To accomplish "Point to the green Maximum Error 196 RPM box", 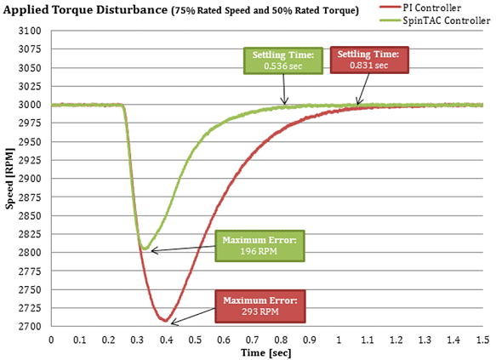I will tap(259, 246).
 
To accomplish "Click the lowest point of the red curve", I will tap(166, 321).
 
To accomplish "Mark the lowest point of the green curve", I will tap(145, 249).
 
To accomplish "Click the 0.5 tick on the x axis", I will tap(195, 339).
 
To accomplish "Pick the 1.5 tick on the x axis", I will tap(482, 339).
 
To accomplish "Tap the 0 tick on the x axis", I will tap(52, 339).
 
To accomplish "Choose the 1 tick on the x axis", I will tap(339, 339).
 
